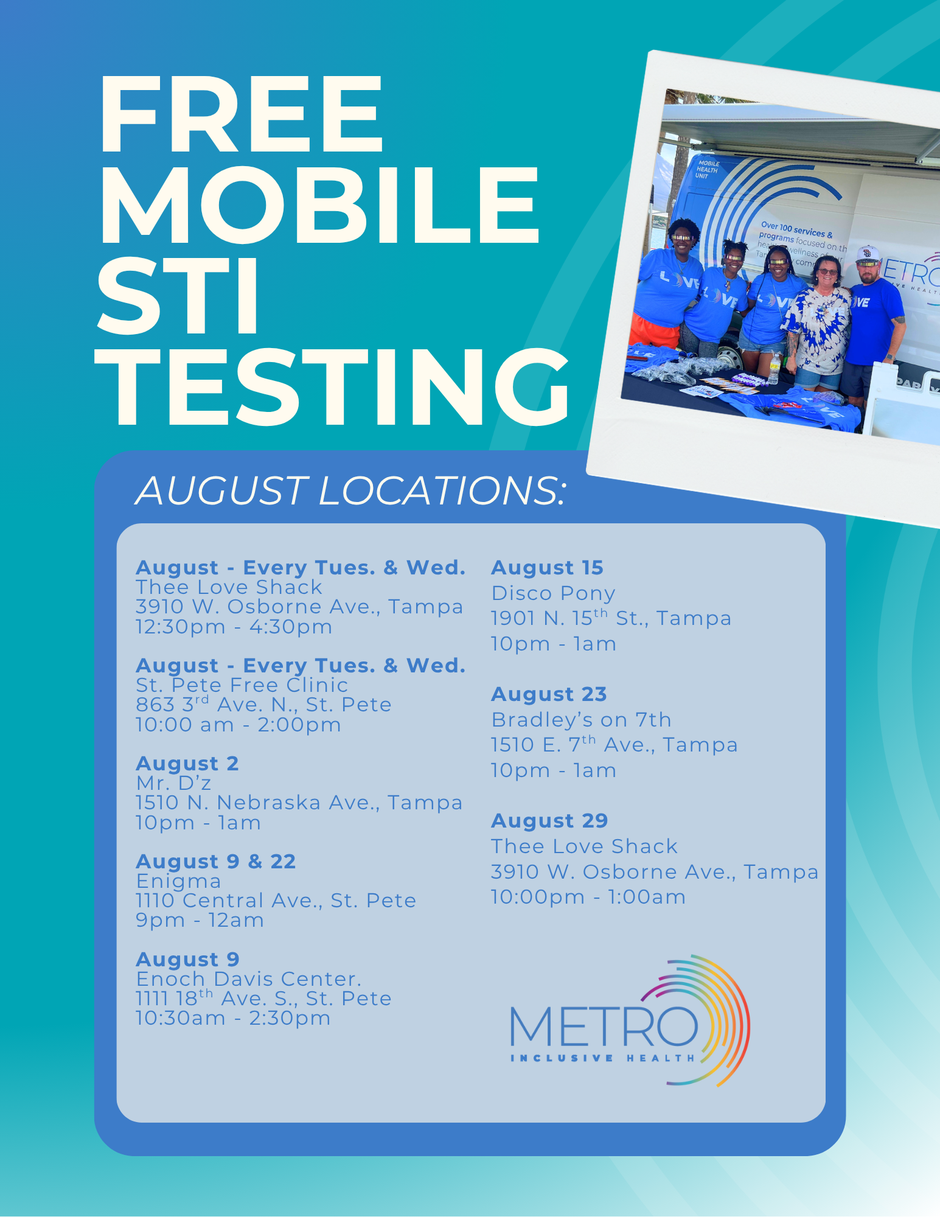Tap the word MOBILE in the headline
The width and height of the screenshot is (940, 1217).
319,205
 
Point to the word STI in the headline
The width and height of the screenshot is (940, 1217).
178,296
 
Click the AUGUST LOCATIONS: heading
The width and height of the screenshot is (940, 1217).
350,490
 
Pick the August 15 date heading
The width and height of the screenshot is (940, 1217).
547,568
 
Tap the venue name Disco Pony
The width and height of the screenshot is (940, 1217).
553,593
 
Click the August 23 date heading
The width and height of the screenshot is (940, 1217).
549,694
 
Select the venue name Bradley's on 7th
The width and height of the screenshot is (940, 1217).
581,720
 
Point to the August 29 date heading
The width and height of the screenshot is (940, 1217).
549,821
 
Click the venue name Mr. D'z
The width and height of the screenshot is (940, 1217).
173,783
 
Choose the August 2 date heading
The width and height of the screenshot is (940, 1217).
187,764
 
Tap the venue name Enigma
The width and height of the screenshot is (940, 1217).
178,881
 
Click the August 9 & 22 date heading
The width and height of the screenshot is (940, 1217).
216,862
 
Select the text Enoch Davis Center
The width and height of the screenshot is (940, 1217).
249,979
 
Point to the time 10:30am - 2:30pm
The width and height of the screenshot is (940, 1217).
233,1018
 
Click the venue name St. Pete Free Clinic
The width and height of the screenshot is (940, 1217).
242,685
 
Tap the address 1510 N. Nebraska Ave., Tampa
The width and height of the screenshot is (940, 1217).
299,803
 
